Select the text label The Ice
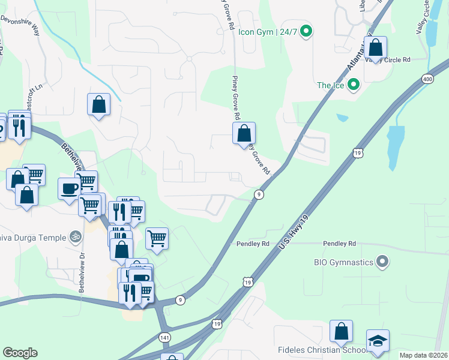(331, 85)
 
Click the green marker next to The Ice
(354, 85)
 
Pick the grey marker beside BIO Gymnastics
(382, 262)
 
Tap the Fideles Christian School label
(322, 350)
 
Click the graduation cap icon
(378, 341)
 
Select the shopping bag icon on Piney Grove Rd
(244, 133)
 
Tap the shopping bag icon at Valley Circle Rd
(375, 47)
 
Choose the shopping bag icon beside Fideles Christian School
(341, 331)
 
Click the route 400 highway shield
(427, 79)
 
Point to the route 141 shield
(165, 338)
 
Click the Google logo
(20, 352)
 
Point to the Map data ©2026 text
(423, 355)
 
